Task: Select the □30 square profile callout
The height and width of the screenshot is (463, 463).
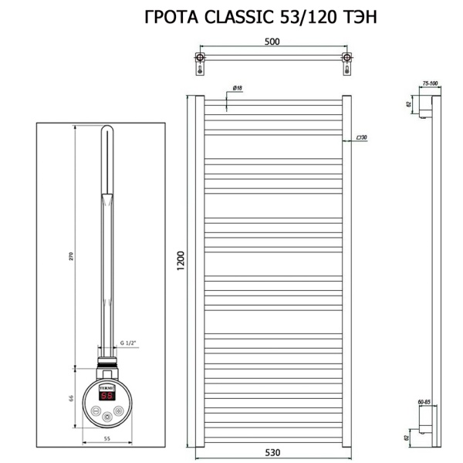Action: coord(361,137)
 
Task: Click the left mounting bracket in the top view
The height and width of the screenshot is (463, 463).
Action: coord(201,61)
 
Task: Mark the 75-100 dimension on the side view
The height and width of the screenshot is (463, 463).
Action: coord(430,83)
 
